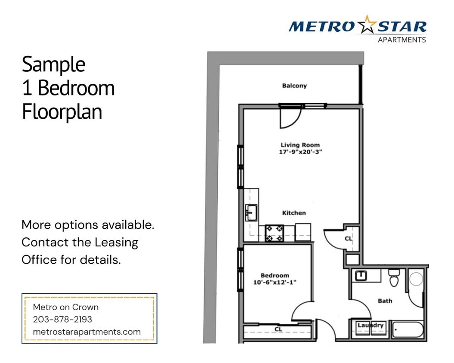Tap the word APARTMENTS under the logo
coord(401,40)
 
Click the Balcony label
coord(294,86)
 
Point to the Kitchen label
coord(294,213)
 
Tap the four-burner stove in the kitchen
coord(274,233)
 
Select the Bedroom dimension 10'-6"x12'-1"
coord(275,282)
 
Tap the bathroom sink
coord(361,276)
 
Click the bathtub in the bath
coord(407,330)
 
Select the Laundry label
coord(371,326)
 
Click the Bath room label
coord(385,301)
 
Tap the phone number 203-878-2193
coord(62,320)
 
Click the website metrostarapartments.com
coord(86,332)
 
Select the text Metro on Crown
coord(66,307)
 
